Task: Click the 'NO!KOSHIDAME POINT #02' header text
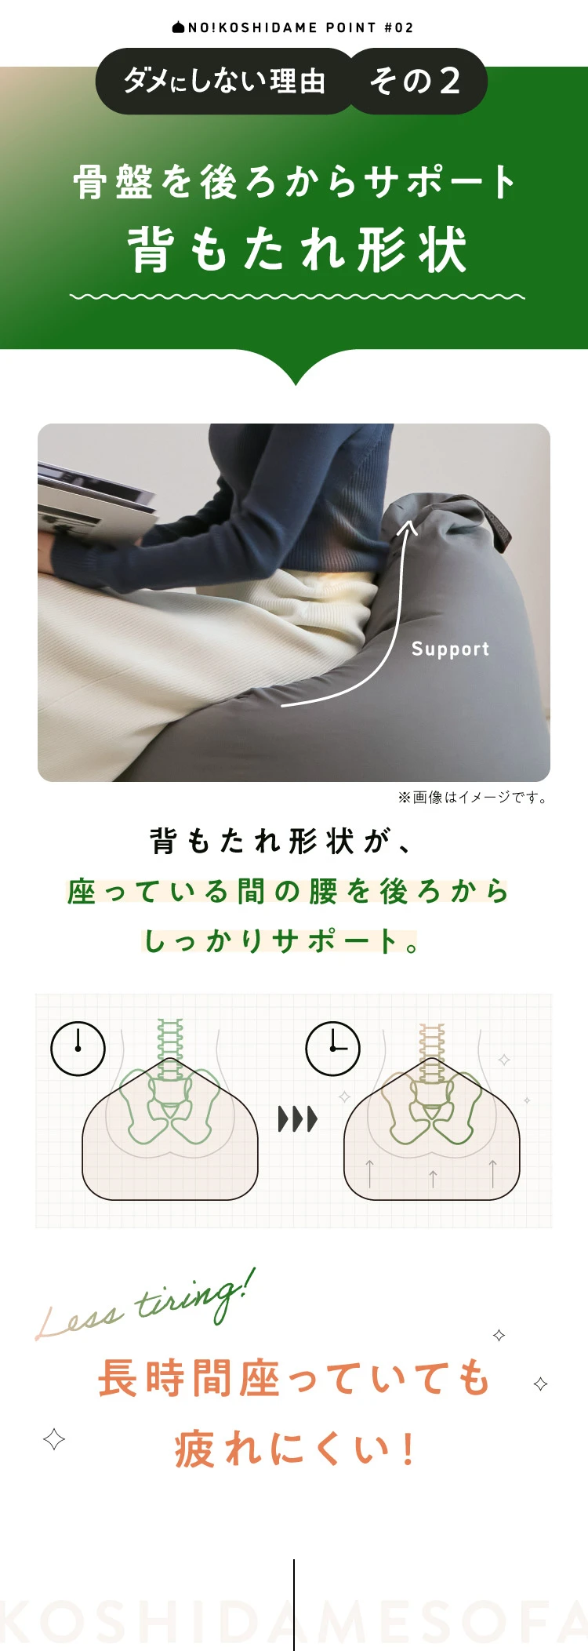coord(293,27)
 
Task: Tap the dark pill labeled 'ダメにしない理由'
coord(224,81)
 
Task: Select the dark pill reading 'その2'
coord(416,81)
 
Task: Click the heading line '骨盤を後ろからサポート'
coord(295,182)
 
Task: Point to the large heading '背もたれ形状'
coord(296,249)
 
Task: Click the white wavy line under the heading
coord(296,297)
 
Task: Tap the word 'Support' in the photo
coord(450,649)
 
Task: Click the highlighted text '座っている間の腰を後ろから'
coord(288,891)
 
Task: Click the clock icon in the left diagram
coord(78,1048)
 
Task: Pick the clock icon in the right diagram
coord(332,1048)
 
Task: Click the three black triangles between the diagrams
coord(297,1118)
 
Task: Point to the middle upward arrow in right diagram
coord(433,1177)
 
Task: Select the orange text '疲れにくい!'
coord(295,1448)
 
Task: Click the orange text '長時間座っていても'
coord(295,1379)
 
